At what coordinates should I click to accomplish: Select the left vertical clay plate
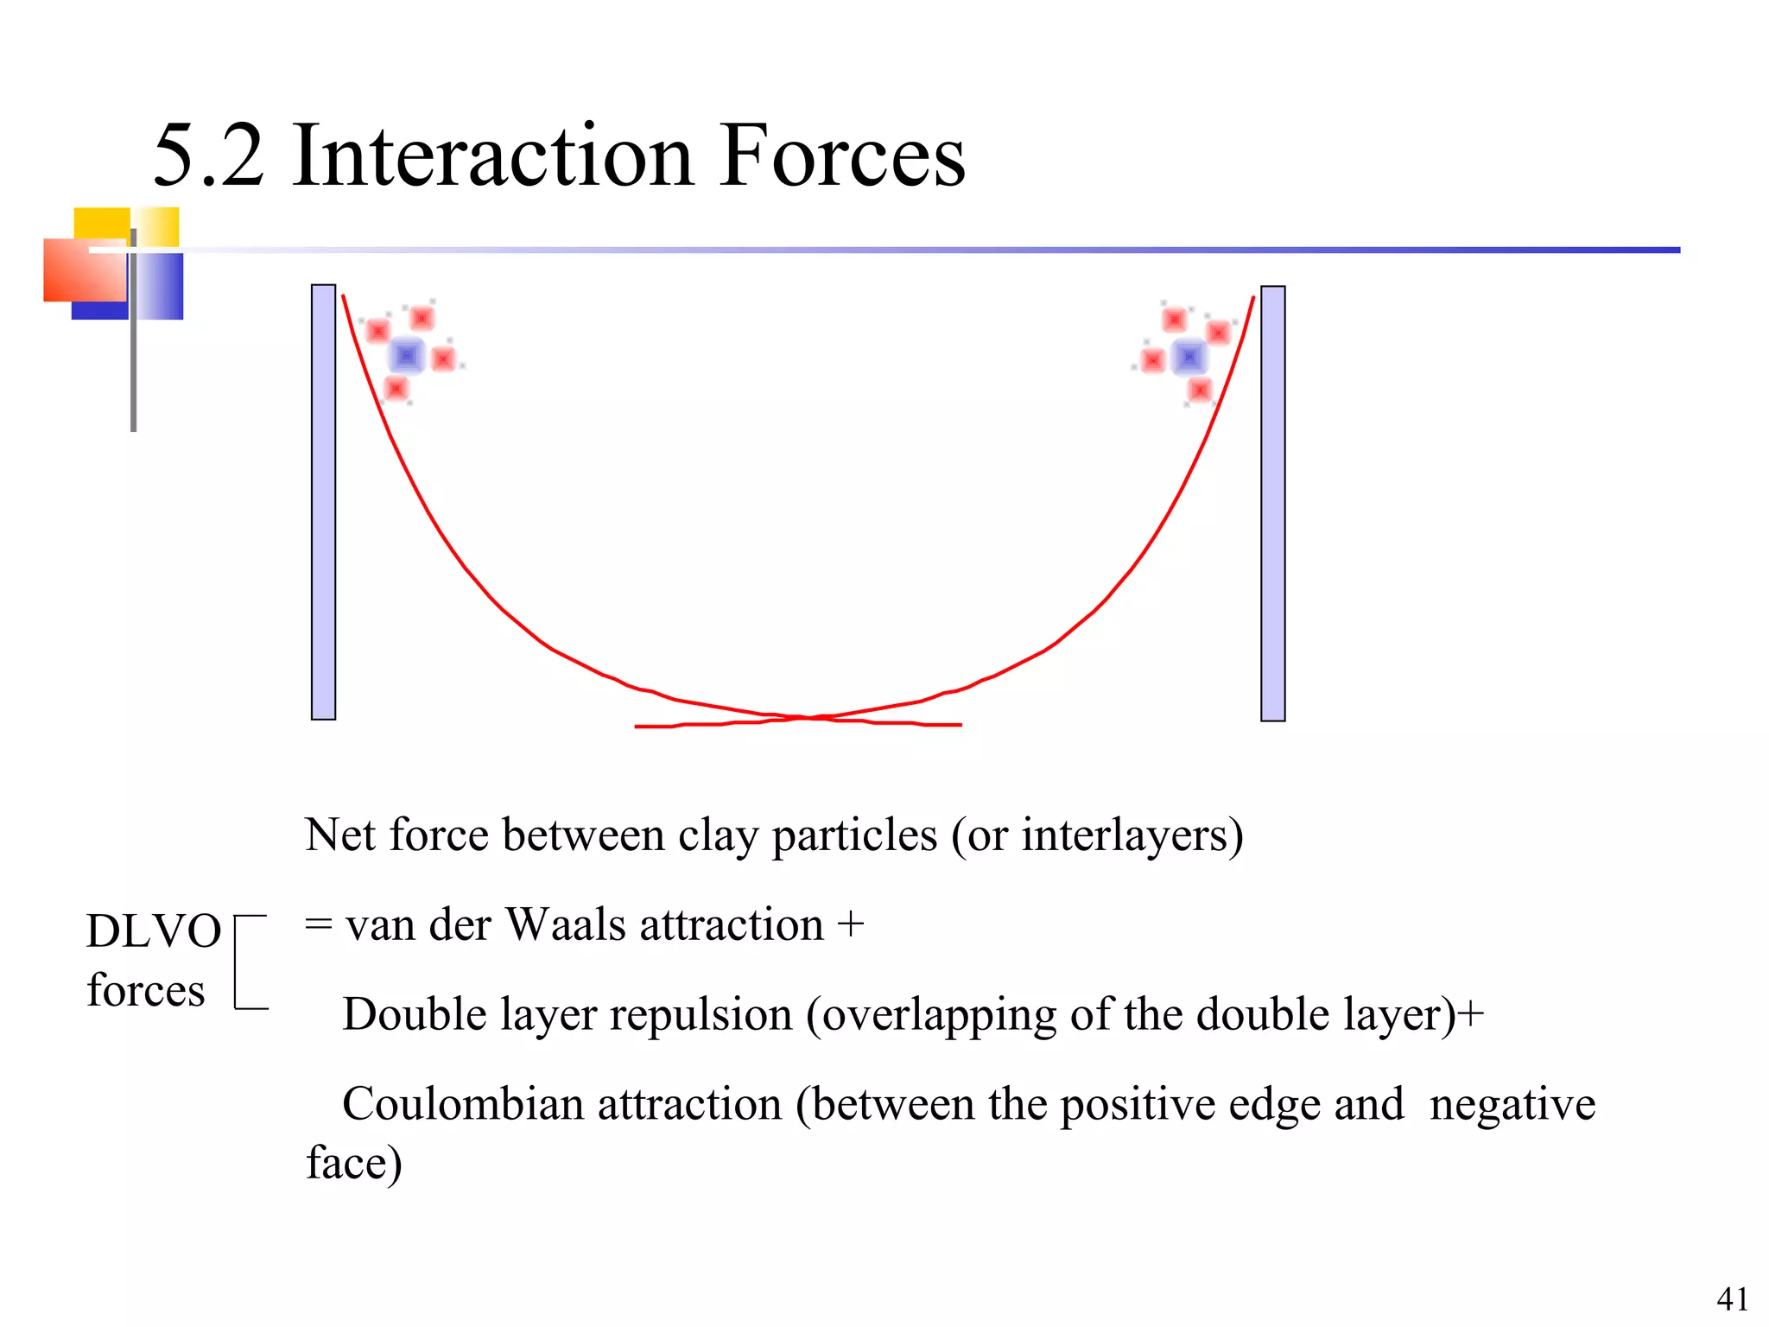click(x=323, y=502)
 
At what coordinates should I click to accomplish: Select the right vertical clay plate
click(x=1272, y=504)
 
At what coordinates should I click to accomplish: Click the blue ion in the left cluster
click(x=407, y=355)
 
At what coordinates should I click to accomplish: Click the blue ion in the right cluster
click(x=1189, y=356)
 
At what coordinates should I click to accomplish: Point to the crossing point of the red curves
click(x=806, y=718)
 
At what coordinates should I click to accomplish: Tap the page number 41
click(x=1732, y=1298)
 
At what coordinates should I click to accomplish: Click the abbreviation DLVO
click(x=154, y=931)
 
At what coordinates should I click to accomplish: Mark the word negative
click(x=1512, y=1104)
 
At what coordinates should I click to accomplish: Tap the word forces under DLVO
click(x=146, y=990)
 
